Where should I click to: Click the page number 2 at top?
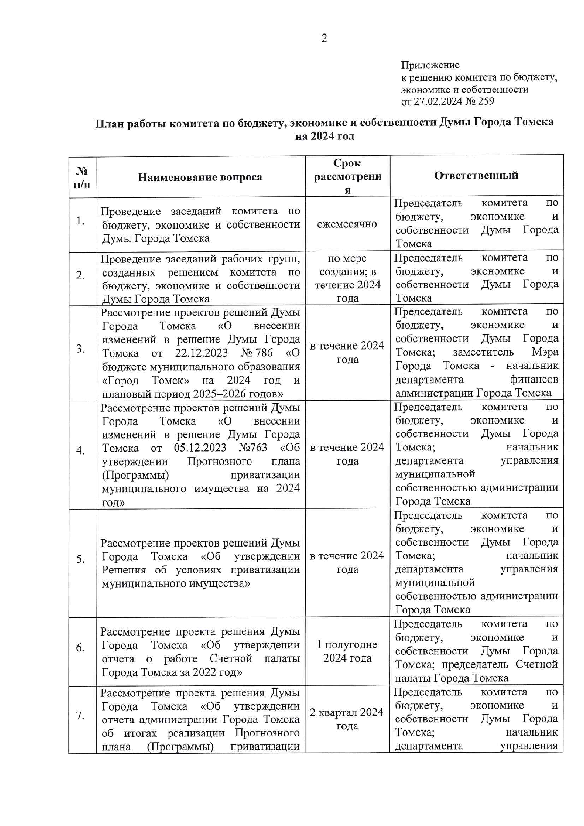324,39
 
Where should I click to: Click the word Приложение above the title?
430,65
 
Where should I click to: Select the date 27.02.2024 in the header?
438,101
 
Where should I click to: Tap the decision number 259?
486,101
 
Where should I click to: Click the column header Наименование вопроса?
200,177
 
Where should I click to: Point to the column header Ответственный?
476,175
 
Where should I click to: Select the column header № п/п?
82,177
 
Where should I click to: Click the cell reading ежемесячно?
347,224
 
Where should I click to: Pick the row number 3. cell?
81,349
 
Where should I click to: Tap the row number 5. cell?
81,559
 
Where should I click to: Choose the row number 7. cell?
81,716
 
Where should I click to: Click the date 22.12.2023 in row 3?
201,353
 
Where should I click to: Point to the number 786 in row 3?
264,353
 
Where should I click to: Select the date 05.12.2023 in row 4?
200,448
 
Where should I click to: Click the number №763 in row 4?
253,448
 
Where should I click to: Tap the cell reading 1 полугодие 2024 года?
347,651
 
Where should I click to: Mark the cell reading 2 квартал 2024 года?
347,719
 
